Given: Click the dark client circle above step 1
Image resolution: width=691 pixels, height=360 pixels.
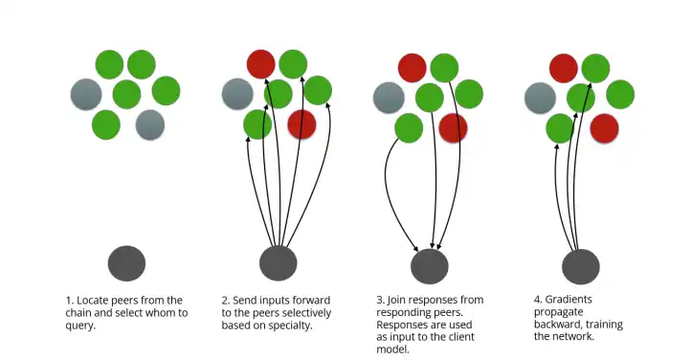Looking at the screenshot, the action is (126, 263).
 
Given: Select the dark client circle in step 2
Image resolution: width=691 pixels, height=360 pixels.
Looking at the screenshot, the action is (279, 263).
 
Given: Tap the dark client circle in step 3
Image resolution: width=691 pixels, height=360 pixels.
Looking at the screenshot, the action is (430, 266).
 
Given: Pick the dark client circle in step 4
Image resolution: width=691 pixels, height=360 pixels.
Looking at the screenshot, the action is (581, 266).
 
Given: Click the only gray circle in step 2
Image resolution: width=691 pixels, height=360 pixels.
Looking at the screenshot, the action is (237, 94).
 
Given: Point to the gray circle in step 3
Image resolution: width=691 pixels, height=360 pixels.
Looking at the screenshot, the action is (389, 98).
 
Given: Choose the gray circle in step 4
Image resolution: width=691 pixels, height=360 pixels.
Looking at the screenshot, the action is (541, 98).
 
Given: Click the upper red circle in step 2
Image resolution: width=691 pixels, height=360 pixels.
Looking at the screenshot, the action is (261, 64).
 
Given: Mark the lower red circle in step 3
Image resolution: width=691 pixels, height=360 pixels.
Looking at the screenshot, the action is (453, 127).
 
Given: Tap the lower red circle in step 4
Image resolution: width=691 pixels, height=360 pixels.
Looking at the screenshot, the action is (604, 128).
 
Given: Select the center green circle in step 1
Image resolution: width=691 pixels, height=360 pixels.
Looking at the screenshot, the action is (126, 94).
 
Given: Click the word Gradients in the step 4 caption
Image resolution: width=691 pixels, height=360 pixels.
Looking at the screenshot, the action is (568, 300).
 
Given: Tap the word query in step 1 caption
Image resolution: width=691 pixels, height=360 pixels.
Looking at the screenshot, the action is (79, 326).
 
